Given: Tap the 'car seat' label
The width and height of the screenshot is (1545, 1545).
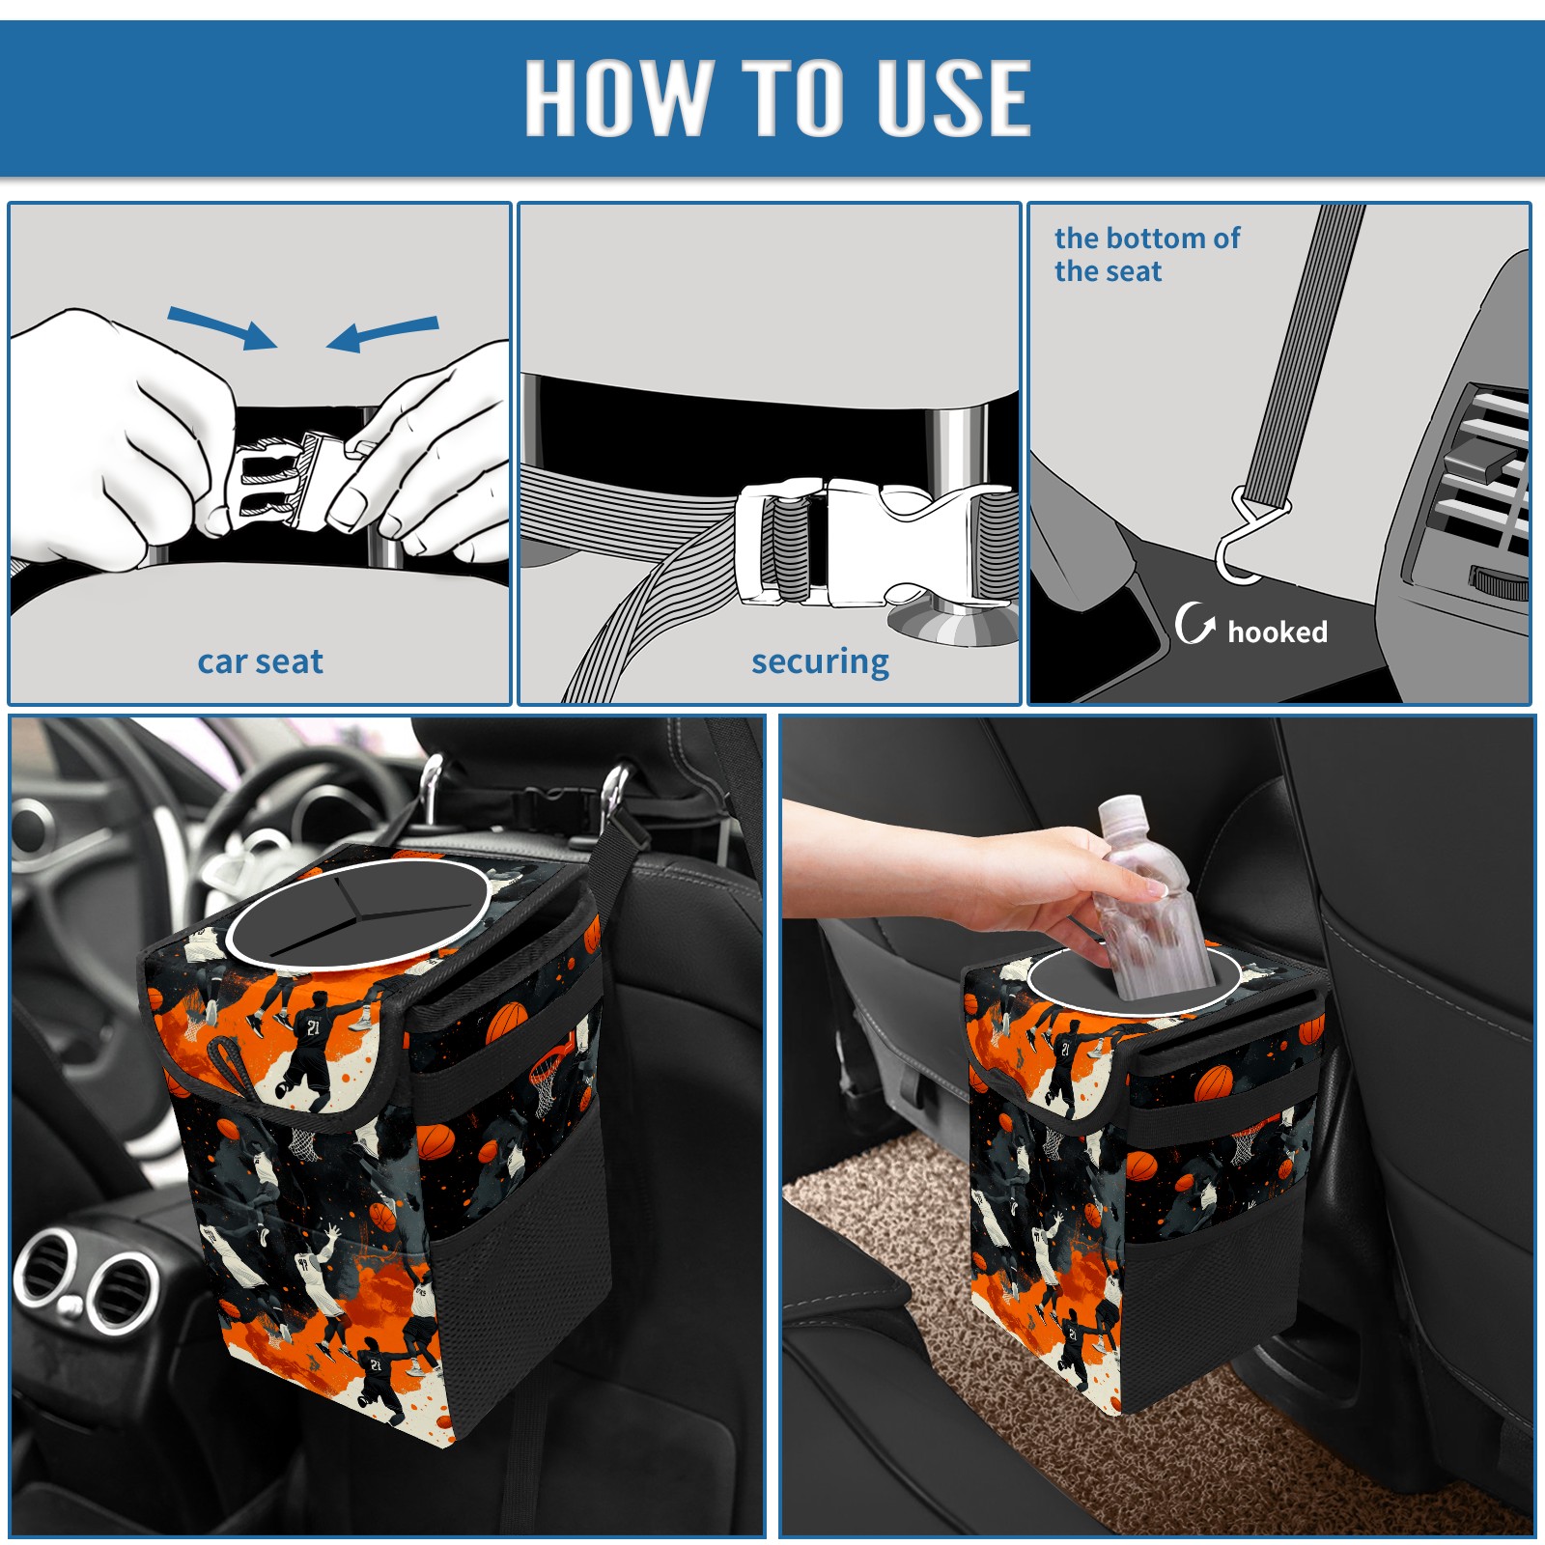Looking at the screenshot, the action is tap(260, 661).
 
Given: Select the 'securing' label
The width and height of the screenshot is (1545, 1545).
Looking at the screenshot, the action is tap(820, 662).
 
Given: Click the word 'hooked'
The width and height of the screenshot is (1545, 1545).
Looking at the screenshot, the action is tap(1278, 632).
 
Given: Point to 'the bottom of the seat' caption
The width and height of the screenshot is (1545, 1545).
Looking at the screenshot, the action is tap(1146, 254).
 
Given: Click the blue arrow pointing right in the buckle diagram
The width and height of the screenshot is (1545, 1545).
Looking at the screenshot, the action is tap(222, 327).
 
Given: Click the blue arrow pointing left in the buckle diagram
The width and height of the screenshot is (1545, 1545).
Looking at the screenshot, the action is tap(382, 333).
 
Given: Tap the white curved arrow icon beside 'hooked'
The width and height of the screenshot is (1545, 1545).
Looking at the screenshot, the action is tap(1194, 623).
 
